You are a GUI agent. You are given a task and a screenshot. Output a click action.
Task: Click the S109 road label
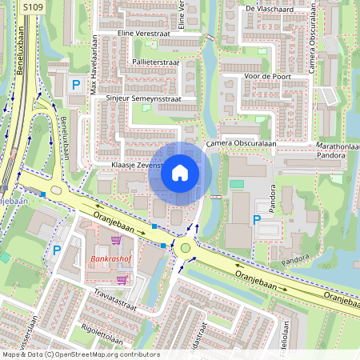tap(32, 7)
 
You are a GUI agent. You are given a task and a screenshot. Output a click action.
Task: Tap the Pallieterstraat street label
tap(156, 61)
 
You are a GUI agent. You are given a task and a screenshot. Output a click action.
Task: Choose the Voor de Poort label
tap(268, 77)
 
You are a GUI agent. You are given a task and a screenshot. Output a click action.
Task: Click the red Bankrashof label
tap(112, 260)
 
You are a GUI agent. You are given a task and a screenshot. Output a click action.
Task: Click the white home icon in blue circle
tap(180, 173)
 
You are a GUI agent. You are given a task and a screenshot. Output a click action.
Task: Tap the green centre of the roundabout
tap(186, 248)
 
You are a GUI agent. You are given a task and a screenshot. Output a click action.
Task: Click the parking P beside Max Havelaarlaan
tap(77, 84)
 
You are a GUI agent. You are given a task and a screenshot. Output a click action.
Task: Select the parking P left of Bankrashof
tap(57, 250)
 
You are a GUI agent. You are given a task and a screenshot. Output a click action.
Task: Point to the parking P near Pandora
tap(258, 219)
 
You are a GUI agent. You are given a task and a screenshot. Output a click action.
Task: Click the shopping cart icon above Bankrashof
tap(116, 240)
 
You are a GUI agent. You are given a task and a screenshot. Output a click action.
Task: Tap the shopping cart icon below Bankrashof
tap(122, 279)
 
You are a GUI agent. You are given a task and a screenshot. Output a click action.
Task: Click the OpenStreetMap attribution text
tap(80, 354)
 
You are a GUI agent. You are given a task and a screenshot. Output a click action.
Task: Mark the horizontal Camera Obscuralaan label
tap(240, 143)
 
